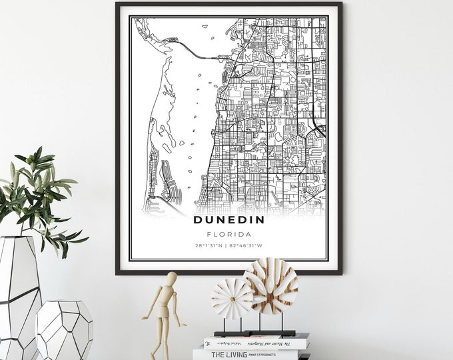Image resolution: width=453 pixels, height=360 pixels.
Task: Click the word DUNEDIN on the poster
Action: (229, 219)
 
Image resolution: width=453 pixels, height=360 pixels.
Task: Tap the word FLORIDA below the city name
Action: (229, 234)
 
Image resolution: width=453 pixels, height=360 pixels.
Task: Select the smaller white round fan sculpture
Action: (232, 298)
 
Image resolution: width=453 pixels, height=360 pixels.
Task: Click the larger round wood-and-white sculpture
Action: (271, 285)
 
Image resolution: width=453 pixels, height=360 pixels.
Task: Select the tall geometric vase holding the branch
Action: (19, 293)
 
